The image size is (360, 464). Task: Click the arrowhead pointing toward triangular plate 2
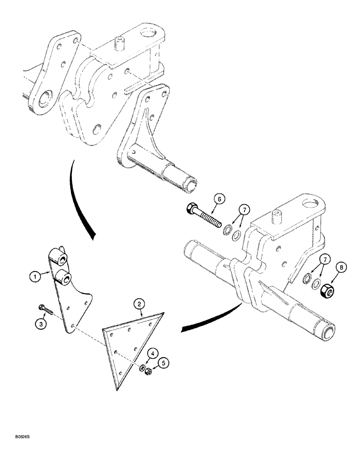click(x=183, y=329)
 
